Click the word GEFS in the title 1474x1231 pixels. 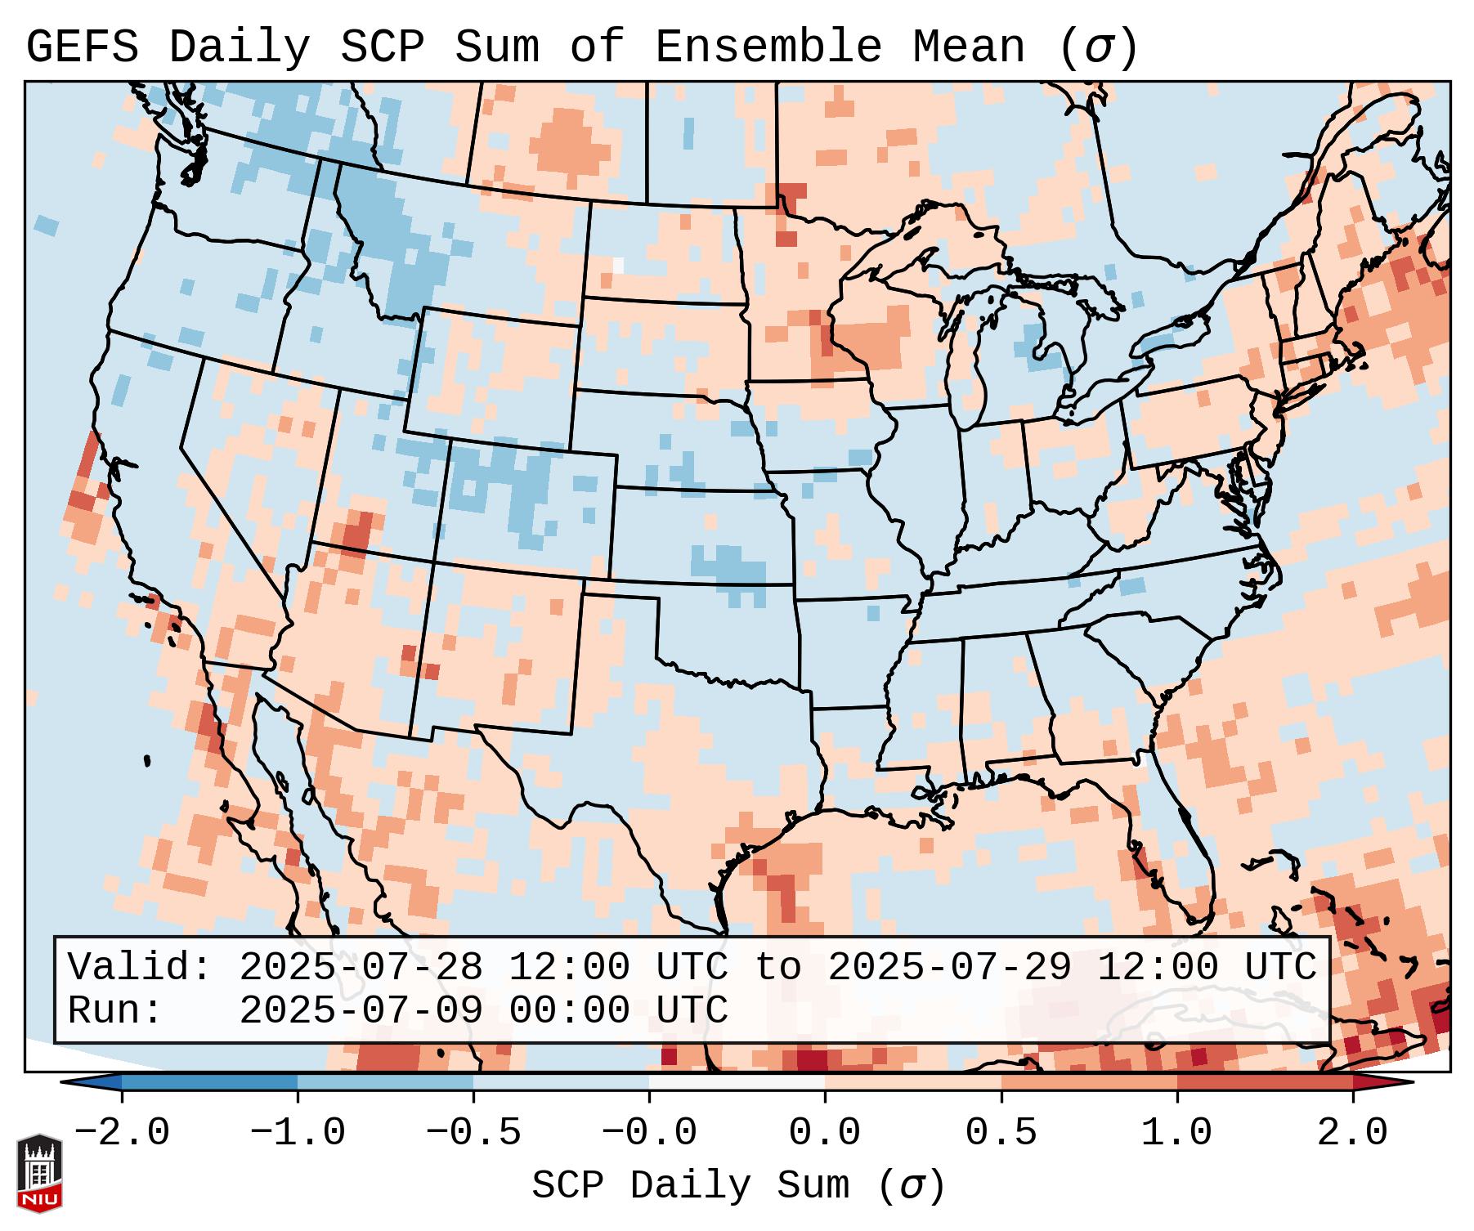[82, 47]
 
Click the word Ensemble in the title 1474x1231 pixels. [768, 47]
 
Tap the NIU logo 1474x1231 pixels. [39, 1173]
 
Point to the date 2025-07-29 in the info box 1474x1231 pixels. [949, 968]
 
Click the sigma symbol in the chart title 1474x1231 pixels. [1098, 47]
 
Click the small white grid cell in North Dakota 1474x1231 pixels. [618, 266]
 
